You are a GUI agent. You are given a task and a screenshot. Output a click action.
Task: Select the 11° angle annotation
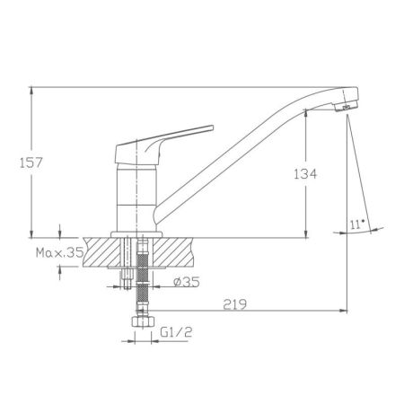point(356,224)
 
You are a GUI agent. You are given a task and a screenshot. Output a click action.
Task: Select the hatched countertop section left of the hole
point(101,253)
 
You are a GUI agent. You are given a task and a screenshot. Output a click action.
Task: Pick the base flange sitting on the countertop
point(136,234)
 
